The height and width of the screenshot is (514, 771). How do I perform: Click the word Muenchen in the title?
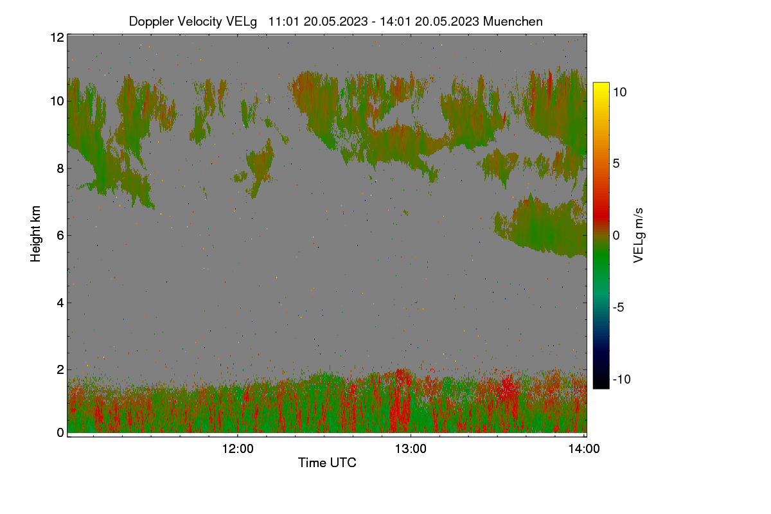pos(513,21)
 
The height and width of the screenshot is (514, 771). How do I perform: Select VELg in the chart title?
pos(242,22)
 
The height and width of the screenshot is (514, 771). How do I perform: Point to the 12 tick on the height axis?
pos(57,37)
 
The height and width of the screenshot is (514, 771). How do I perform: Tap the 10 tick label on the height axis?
pos(57,102)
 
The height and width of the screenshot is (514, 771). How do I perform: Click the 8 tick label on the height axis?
pos(60,168)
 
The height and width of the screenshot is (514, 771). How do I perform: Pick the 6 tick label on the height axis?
pos(60,236)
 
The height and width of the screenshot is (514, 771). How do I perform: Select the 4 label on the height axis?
pos(60,303)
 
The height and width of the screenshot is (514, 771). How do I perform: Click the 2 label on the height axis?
pos(60,369)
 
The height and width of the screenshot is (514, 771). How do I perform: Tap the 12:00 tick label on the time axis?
pos(238,448)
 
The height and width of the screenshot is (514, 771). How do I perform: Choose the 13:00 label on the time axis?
pos(411,448)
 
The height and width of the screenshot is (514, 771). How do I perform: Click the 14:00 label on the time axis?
pos(584,448)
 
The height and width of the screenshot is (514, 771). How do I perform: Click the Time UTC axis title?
pos(327,463)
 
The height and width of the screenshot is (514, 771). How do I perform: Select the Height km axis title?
pos(35,234)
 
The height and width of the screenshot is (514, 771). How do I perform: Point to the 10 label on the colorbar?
pos(619,93)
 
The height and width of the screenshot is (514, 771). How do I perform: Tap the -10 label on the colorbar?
pos(622,379)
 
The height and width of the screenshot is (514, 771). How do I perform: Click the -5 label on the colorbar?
pos(619,307)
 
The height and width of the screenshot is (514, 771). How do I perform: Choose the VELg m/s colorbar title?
pos(639,236)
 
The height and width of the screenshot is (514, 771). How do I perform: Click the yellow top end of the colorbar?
pos(601,84)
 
